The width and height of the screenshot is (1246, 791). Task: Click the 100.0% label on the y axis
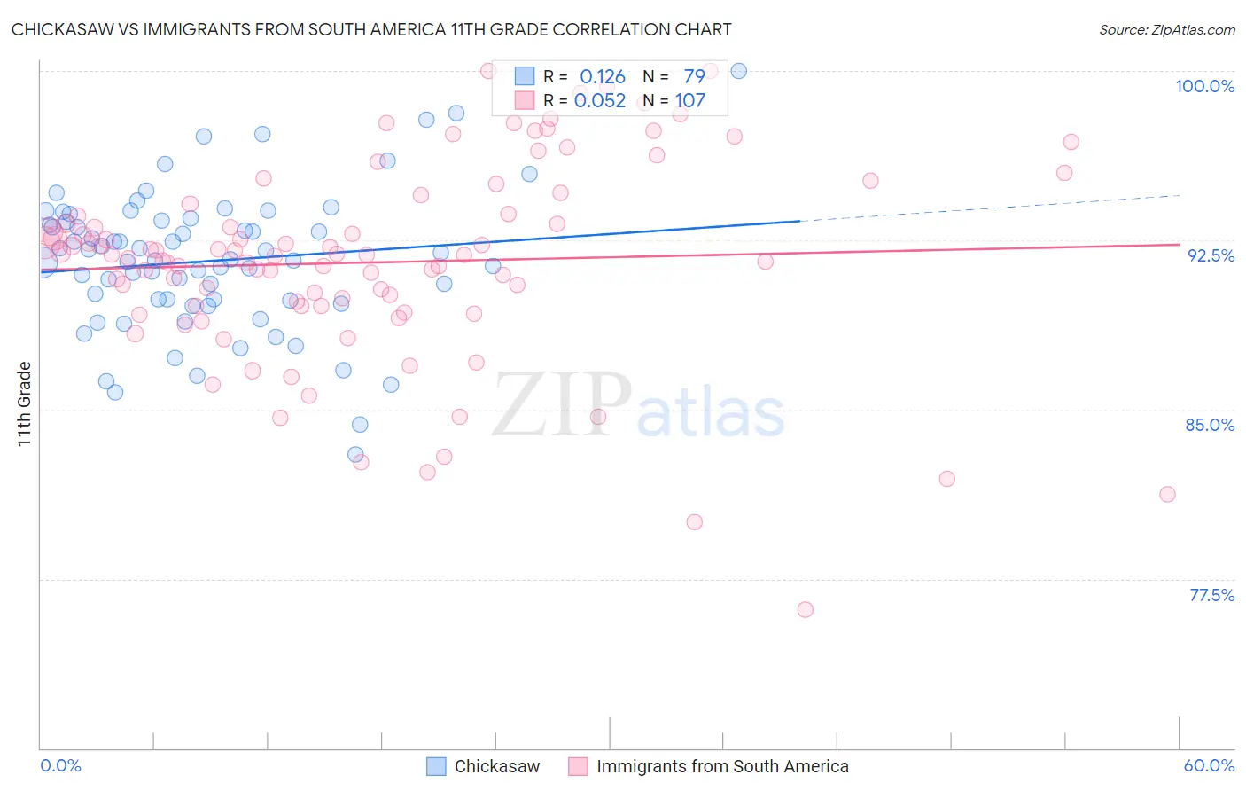point(1204,86)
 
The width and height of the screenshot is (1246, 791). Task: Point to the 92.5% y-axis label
point(1211,255)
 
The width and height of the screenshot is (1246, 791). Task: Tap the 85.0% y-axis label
point(1210,425)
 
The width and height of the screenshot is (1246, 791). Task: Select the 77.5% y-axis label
point(1211,595)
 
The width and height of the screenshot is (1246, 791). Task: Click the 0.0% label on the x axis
point(60,765)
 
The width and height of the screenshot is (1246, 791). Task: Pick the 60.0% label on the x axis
point(1209,765)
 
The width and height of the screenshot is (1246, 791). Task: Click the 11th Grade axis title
point(24,403)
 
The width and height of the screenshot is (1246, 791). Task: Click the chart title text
point(371,29)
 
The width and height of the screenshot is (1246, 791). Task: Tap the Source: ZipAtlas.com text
point(1166,29)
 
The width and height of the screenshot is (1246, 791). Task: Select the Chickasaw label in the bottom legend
point(496,766)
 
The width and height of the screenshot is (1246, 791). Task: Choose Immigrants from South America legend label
point(722,766)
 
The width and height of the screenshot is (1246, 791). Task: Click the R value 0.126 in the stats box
point(603,77)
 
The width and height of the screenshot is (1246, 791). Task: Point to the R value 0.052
point(600,101)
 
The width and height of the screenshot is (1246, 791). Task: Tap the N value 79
point(694,77)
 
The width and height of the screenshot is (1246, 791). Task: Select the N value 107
point(690,101)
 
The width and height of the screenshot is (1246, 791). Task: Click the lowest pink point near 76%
point(805,609)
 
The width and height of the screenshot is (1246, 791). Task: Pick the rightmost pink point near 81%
point(1167,494)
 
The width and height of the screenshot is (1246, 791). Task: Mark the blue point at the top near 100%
point(738,71)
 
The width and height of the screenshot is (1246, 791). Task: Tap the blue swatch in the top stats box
point(525,76)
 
